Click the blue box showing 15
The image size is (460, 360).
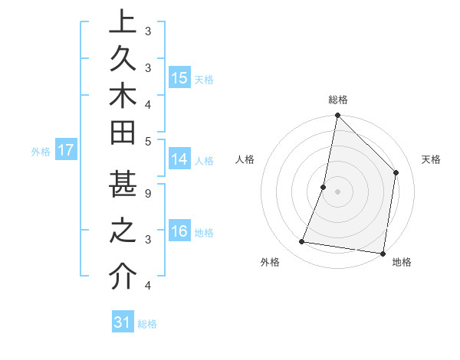coord(179,78)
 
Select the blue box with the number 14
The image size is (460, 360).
coord(179,159)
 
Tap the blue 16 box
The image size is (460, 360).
coord(179,232)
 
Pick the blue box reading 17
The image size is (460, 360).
coord(65,150)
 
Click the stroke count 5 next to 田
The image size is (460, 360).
coord(148,140)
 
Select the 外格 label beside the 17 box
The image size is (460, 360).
coord(41,152)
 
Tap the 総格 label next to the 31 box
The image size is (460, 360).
coord(147,324)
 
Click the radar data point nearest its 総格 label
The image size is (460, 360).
coord(337,115)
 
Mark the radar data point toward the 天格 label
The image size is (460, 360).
coord(396,172)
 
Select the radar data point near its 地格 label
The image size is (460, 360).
coord(383,254)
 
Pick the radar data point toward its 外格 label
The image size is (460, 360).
coord(302,242)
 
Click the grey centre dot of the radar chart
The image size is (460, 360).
coord(337,191)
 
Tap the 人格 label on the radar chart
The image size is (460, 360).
coord(245,159)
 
